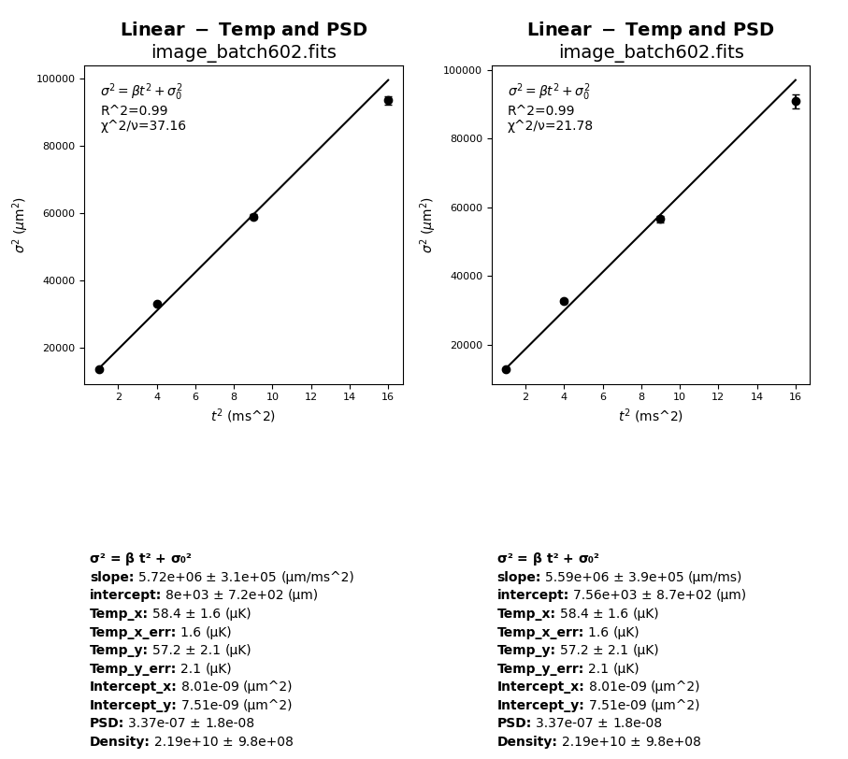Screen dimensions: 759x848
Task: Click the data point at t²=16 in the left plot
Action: [388, 100]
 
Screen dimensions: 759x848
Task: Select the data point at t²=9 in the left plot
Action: [253, 217]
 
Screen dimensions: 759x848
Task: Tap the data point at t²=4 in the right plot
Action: [564, 301]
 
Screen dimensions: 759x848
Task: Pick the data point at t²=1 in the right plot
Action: [506, 369]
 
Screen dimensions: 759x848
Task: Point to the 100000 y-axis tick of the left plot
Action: [56, 79]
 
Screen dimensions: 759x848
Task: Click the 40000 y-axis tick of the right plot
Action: [465, 277]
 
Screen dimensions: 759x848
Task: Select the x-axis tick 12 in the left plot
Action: [311, 396]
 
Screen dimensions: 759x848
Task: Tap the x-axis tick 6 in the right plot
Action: [603, 396]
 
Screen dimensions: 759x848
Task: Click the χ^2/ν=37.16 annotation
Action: [143, 126]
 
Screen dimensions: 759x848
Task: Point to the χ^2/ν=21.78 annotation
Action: [550, 126]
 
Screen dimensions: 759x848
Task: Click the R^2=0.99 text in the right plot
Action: [540, 110]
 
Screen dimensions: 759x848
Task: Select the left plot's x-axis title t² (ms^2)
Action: [243, 416]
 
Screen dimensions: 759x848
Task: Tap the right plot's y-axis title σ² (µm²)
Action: [426, 225]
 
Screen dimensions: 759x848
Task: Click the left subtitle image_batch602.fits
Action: [243, 52]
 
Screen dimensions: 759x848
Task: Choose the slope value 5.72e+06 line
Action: [222, 578]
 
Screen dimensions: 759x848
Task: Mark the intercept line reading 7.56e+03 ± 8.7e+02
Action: [621, 595]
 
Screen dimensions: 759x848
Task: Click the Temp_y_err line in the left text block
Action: [160, 668]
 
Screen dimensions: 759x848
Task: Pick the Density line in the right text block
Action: [598, 741]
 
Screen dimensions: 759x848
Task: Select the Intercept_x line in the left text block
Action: [191, 687]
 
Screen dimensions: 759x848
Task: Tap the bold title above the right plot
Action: [650, 30]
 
